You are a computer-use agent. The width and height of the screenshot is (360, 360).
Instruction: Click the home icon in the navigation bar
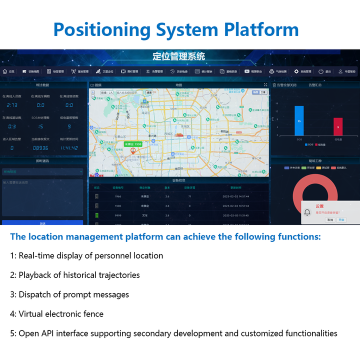point(5,71)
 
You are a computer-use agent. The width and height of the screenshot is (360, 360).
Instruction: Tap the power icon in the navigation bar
point(320,71)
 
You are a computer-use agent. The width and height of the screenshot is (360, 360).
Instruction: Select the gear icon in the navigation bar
point(296,71)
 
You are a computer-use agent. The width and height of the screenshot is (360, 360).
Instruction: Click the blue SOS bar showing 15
point(299,120)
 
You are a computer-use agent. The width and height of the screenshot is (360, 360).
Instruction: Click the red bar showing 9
point(338,126)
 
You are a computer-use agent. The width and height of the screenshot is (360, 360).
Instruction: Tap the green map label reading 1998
point(133,144)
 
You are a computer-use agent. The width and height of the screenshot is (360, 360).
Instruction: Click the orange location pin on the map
point(132,150)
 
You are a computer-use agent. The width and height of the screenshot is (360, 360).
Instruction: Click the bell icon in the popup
point(307,213)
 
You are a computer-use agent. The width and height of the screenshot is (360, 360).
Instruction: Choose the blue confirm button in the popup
point(341,220)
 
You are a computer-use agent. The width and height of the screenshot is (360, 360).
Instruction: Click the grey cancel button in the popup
point(330,220)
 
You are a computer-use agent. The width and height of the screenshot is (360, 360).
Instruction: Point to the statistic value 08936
point(40,148)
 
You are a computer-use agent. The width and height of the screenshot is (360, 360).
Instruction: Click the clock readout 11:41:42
point(69,148)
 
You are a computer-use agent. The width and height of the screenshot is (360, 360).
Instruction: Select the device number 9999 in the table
point(118,215)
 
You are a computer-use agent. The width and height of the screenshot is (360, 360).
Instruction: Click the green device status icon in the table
point(96,215)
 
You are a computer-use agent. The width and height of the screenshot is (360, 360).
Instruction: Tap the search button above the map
point(149,92)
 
